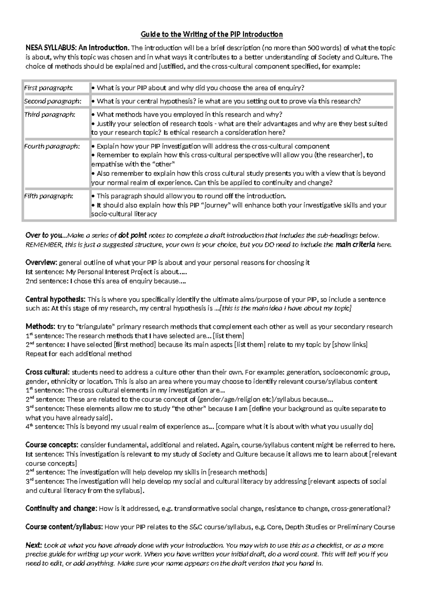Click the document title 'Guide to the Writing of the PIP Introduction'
(212, 34)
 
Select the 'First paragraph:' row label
(48, 88)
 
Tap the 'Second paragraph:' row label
(52, 101)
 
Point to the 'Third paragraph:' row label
(49, 114)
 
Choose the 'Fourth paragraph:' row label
(52, 146)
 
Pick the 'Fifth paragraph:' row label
(48, 196)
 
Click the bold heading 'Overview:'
(41, 263)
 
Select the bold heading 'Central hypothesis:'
(55, 299)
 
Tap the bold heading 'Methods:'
(40, 327)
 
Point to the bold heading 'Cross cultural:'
(48, 372)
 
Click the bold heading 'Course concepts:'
(52, 445)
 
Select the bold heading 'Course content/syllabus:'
(64, 527)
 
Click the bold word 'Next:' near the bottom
(34, 545)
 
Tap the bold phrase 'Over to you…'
(45, 236)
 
